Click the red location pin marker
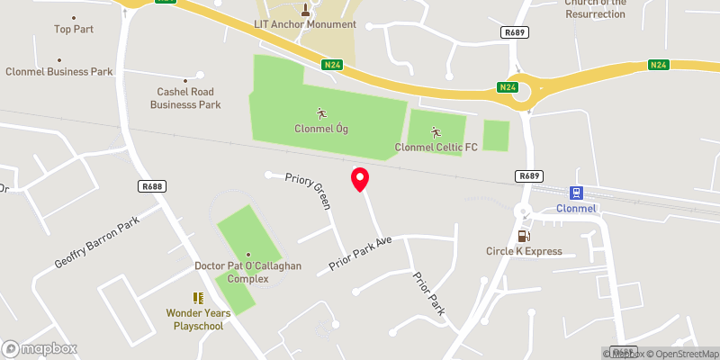[x=360, y=179]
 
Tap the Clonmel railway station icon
[x=576, y=193]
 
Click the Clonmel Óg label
[x=321, y=129]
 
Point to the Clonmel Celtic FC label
[x=436, y=147]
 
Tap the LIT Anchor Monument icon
[x=305, y=10]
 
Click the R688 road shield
[x=151, y=186]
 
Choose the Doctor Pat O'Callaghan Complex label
[x=247, y=272]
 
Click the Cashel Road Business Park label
[x=189, y=98]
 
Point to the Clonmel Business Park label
[x=59, y=71]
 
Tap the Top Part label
[x=74, y=29]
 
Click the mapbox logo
[x=40, y=348]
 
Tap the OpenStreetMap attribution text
[x=683, y=353]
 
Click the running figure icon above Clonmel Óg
[x=321, y=113]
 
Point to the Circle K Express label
[x=524, y=251]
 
